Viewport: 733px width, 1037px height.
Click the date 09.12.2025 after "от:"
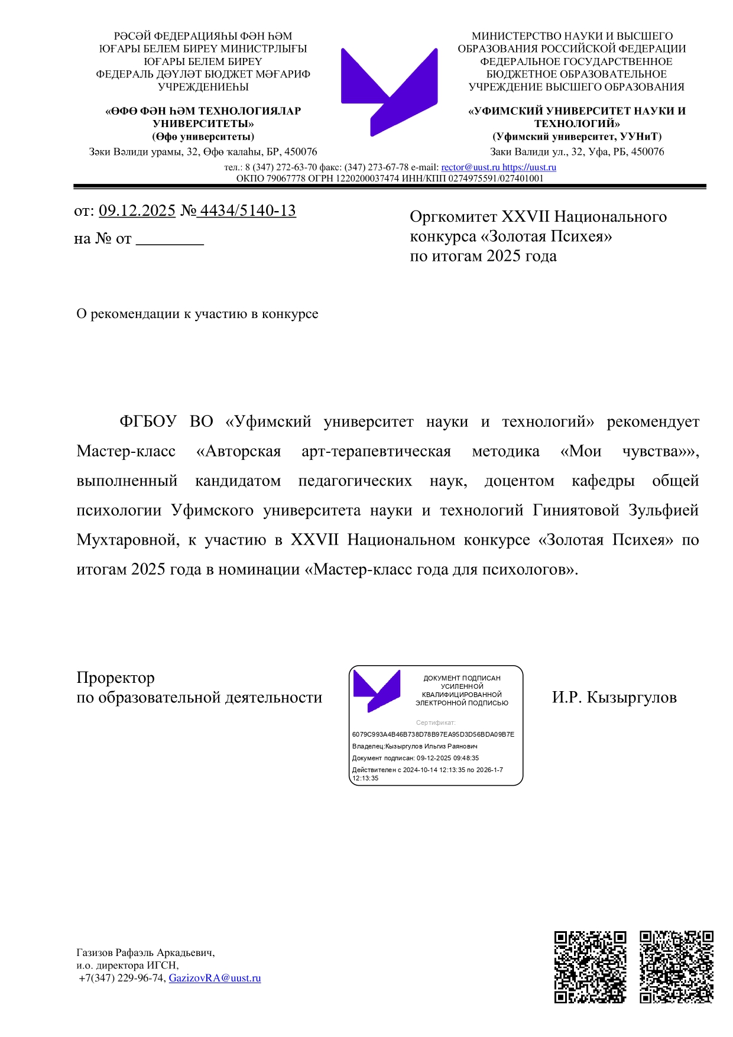tap(137, 210)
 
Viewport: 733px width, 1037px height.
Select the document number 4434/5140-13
tap(248, 210)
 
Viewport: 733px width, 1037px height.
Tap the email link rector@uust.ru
tap(470, 167)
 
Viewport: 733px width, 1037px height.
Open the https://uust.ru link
tap(529, 167)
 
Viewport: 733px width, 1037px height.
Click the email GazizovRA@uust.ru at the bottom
tap(215, 978)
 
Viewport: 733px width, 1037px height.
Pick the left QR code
tap(589, 967)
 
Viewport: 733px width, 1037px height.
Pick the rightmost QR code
tap(676, 967)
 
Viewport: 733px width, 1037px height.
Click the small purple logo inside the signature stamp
tap(377, 690)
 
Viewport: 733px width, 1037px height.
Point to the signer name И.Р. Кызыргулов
tap(614, 698)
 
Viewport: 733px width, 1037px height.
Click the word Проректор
tap(115, 678)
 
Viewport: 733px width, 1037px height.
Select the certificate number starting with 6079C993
tap(433, 734)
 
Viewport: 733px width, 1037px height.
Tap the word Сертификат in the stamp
tap(436, 722)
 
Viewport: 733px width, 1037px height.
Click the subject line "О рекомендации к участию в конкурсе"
tap(197, 314)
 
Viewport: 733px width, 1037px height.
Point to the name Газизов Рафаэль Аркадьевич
tap(145, 952)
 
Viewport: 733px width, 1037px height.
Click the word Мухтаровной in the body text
tap(128, 540)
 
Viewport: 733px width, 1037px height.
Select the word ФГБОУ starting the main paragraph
tap(148, 422)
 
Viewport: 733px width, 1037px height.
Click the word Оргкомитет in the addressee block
tap(453, 217)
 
